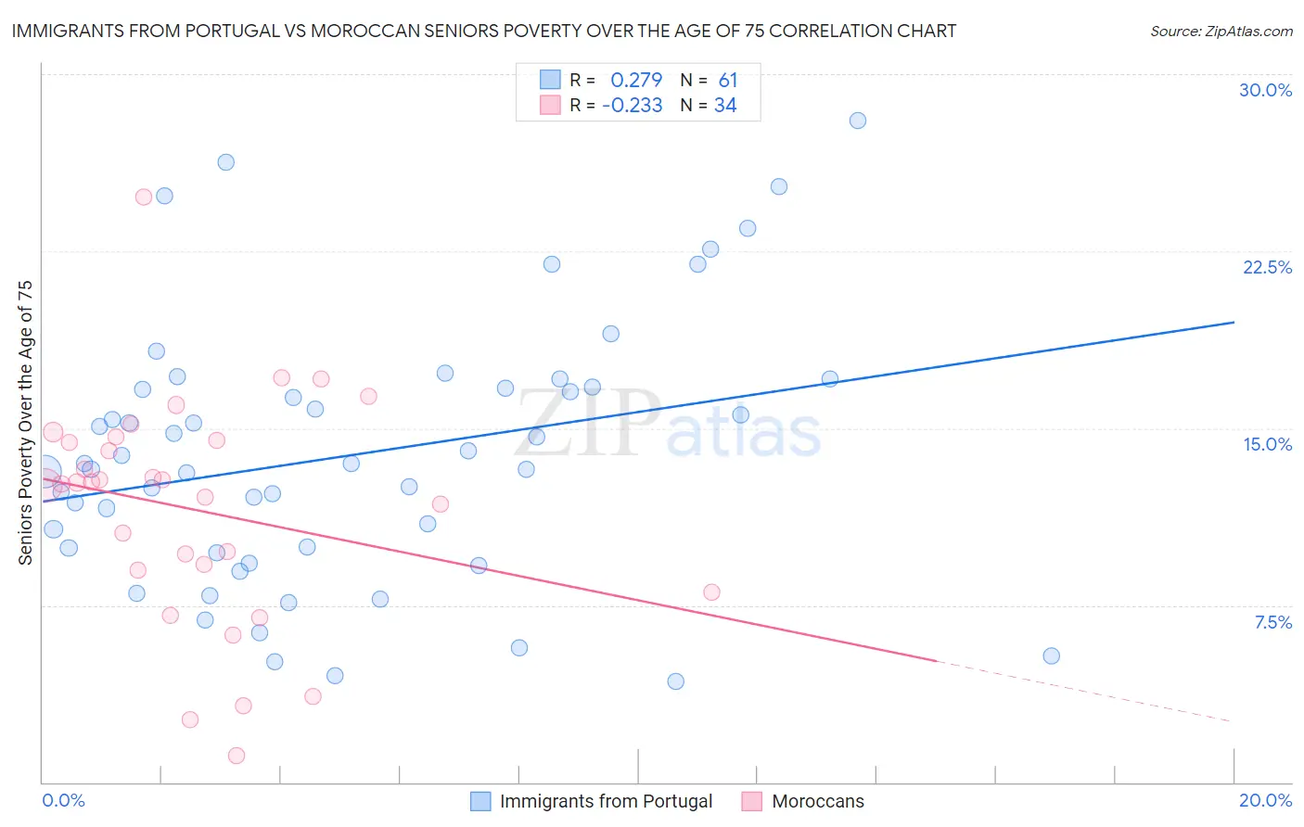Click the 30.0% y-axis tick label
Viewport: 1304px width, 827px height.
click(1265, 90)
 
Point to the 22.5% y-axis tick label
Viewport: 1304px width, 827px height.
click(1267, 267)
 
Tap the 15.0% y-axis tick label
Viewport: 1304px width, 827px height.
click(1267, 444)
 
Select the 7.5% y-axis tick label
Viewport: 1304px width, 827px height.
click(1272, 622)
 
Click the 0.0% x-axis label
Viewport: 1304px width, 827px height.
click(63, 800)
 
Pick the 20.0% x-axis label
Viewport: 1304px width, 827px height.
click(1265, 800)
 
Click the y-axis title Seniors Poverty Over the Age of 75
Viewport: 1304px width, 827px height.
click(26, 423)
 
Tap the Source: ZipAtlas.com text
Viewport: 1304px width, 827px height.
click(1221, 31)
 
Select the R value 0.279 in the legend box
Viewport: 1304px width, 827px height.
click(636, 81)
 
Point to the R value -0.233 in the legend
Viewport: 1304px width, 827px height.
click(633, 106)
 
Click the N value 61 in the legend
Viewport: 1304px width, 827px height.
click(728, 81)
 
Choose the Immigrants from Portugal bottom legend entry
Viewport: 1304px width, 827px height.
click(592, 801)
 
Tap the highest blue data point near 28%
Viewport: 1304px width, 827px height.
click(858, 121)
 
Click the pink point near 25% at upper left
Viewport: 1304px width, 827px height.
click(144, 197)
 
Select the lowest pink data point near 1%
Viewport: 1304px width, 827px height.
click(237, 756)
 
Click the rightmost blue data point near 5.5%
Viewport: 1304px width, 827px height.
click(1051, 655)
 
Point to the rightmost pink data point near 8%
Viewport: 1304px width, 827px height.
click(711, 592)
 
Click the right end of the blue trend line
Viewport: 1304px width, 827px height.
click(1234, 322)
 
